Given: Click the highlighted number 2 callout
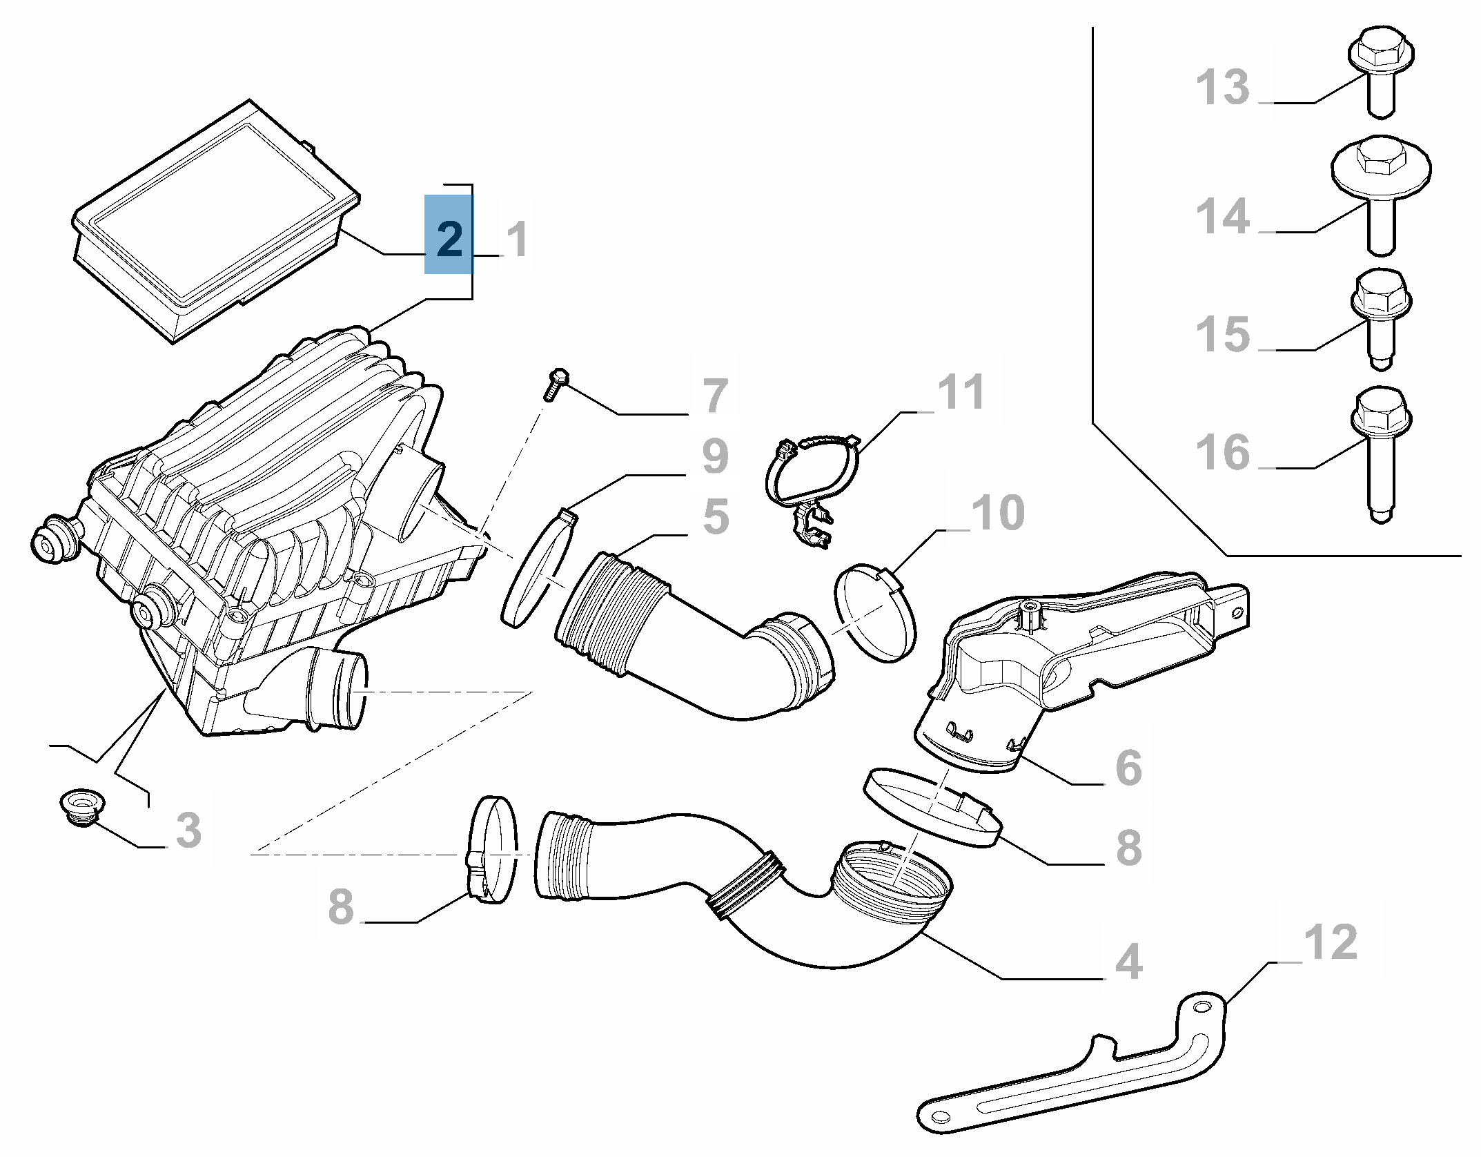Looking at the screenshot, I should point(449,235).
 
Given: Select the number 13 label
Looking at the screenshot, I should point(1222,88).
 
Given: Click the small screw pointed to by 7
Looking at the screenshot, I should point(556,384).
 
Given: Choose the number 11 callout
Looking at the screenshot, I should point(960,392).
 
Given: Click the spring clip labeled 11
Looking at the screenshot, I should point(811,483).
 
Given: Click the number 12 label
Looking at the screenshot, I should point(1330,942).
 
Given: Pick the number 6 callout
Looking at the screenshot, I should point(1128,768).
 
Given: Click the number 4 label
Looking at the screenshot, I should point(1128,962).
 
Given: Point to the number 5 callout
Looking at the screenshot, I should point(716,516).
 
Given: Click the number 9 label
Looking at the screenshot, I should point(715,456).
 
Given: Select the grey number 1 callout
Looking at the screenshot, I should point(517,239).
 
